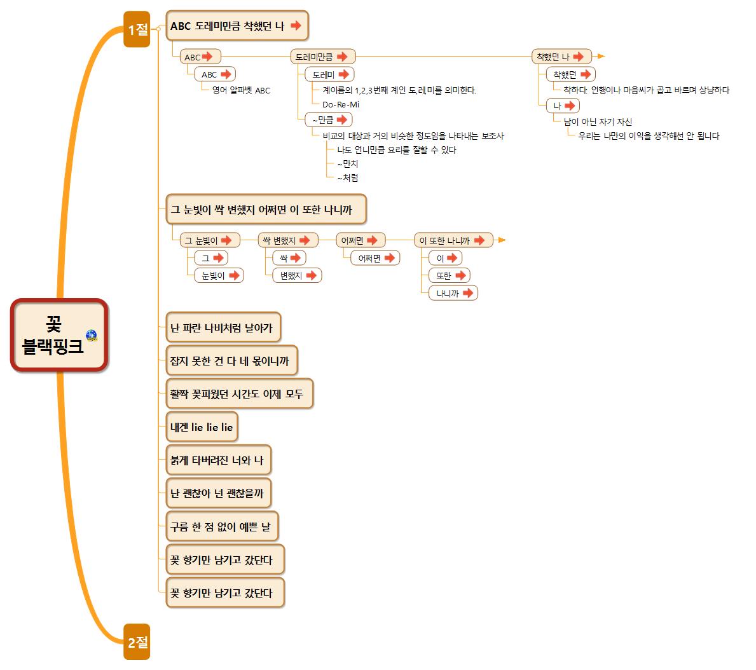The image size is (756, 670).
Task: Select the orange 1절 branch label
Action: tap(137, 29)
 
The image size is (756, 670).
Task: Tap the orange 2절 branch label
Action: tap(137, 642)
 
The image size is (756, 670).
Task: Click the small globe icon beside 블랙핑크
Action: tap(92, 336)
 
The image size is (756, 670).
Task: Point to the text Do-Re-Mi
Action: tap(341, 104)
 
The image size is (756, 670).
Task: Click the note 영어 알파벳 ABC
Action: tap(241, 90)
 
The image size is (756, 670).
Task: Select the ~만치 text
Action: tap(348, 164)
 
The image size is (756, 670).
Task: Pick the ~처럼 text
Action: tap(348, 178)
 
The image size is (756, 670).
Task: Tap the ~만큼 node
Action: tap(328, 120)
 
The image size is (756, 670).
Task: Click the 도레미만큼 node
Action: tap(322, 57)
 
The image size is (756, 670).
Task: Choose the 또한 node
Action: tap(449, 275)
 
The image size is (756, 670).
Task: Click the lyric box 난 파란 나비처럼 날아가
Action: tap(223, 328)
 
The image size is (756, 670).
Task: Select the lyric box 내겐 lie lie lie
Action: tap(202, 427)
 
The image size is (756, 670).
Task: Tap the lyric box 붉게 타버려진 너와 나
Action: tap(218, 460)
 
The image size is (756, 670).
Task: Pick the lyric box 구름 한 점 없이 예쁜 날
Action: tap(222, 526)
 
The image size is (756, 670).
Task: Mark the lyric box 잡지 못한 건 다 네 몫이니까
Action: tap(231, 361)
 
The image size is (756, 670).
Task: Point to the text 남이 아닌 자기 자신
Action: tap(598, 121)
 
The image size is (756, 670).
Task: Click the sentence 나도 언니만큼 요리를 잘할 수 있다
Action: tap(397, 150)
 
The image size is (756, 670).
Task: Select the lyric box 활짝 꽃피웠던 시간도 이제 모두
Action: tap(239, 394)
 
